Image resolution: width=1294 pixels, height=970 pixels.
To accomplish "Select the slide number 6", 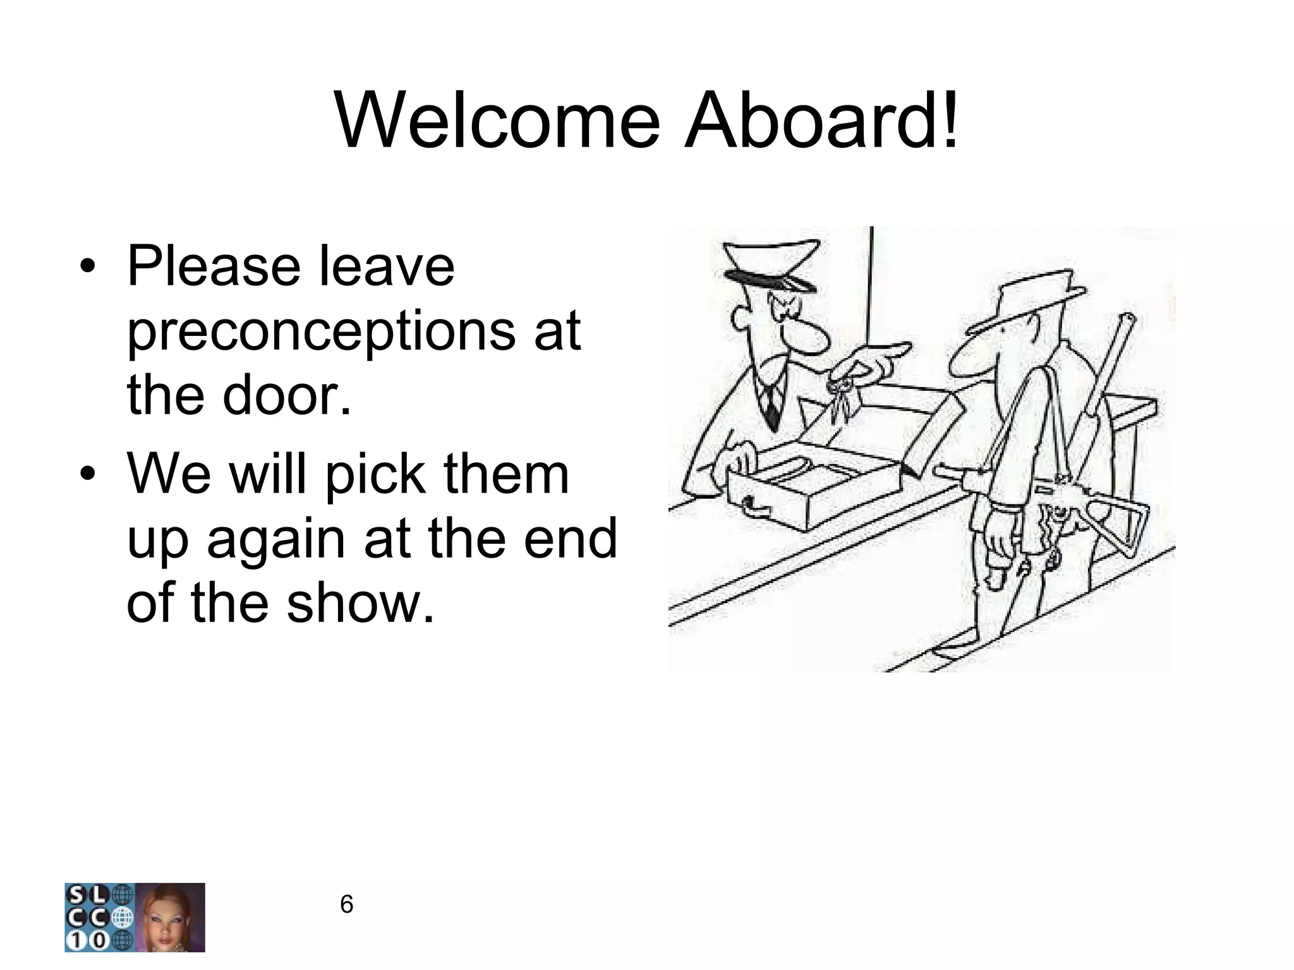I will click(x=346, y=905).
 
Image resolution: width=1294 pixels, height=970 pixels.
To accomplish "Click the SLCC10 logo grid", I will click(x=99, y=917).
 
